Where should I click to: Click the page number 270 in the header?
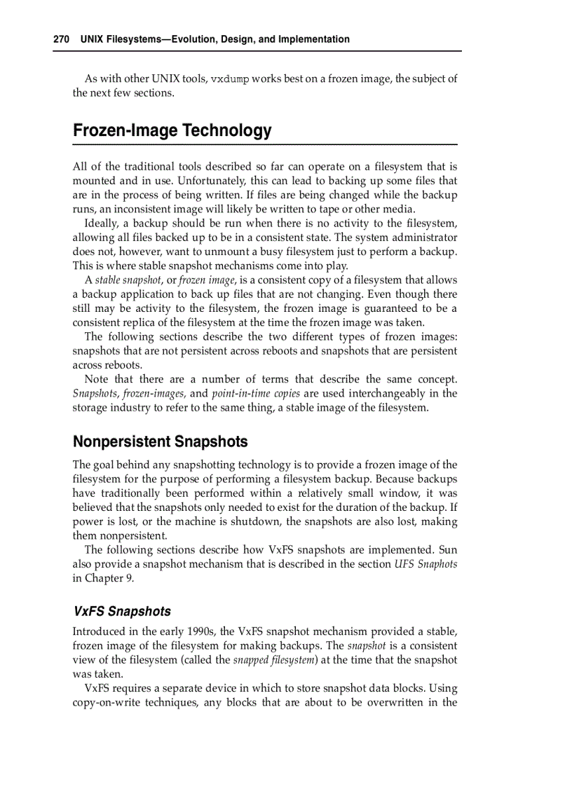pos(61,39)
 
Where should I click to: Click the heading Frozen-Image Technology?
pos(172,131)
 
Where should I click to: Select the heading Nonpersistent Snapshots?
pos(161,442)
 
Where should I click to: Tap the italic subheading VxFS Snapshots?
pos(122,612)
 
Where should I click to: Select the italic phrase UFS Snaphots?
pos(425,564)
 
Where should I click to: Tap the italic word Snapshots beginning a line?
pos(95,393)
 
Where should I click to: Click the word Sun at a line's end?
pos(447,550)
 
